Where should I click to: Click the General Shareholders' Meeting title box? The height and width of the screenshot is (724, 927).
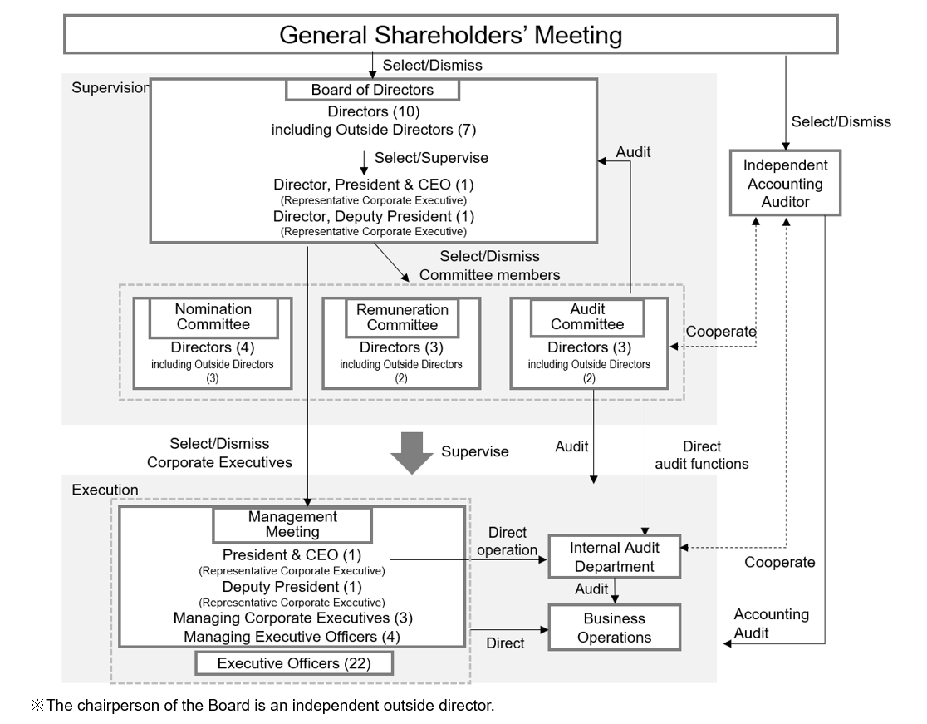coord(450,35)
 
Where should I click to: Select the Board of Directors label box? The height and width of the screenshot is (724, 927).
coord(372,90)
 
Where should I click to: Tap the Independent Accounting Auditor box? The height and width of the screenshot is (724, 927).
coord(785,183)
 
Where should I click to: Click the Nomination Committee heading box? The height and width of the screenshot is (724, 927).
coord(213,317)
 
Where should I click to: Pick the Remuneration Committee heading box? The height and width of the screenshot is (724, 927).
coord(402,317)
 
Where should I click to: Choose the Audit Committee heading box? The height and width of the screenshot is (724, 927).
coord(587,317)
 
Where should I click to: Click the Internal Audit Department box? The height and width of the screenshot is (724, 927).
coord(614,557)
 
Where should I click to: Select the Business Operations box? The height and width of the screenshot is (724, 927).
coord(614,628)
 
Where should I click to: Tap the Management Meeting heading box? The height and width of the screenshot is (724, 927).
coord(292,524)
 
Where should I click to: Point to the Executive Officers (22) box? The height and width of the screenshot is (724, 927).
coord(293,663)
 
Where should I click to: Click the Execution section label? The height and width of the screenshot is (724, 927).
coord(105,490)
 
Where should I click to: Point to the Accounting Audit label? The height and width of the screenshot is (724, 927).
coord(771,623)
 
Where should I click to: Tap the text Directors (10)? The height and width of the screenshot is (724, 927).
coord(373,111)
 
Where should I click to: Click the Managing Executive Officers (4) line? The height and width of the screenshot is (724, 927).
coord(292,637)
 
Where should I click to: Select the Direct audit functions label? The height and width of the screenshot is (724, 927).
coord(701,456)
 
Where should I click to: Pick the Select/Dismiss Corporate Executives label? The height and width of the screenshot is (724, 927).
coord(219,453)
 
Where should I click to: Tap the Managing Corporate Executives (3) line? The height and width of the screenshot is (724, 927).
coord(292,618)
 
